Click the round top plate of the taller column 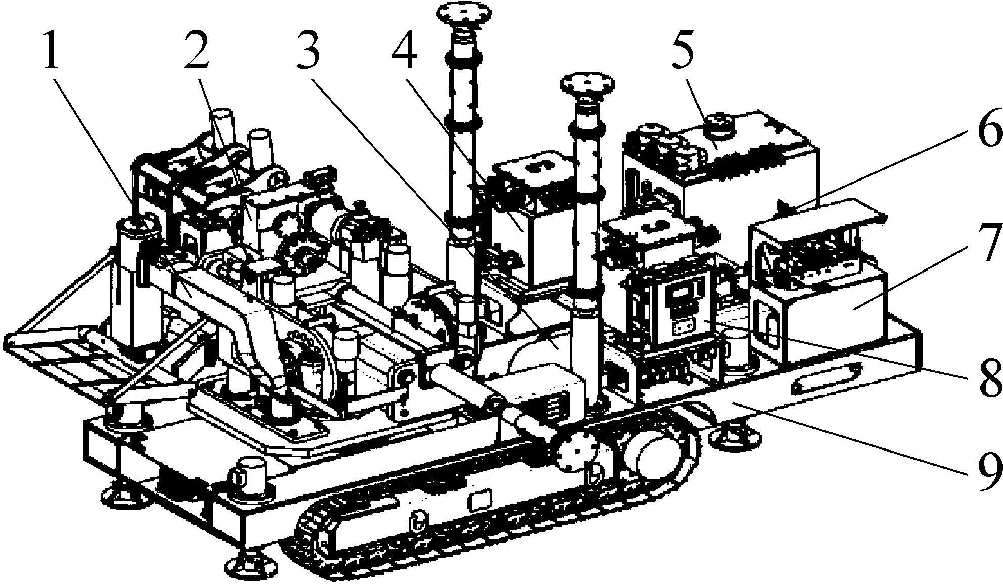pyautogui.click(x=462, y=10)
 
